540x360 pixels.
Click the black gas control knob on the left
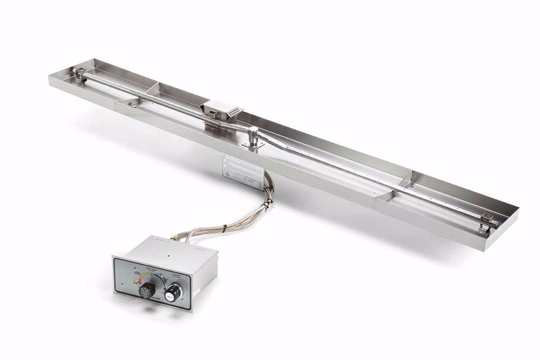click(147, 290)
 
